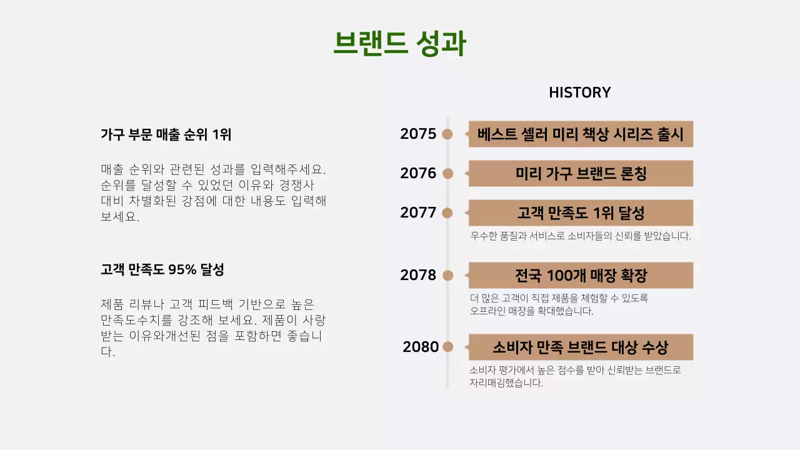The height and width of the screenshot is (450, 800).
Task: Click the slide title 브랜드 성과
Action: pyautogui.click(x=399, y=44)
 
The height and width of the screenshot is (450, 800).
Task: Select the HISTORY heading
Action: pyautogui.click(x=579, y=92)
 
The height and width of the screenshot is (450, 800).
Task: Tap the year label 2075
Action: pyautogui.click(x=418, y=134)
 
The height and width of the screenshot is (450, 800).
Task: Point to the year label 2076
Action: pyautogui.click(x=418, y=173)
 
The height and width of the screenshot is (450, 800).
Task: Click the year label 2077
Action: pyautogui.click(x=418, y=212)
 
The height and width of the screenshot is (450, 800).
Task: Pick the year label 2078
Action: pyautogui.click(x=418, y=275)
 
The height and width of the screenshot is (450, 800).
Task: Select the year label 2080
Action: pyautogui.click(x=421, y=347)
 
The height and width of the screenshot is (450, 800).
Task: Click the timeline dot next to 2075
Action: pyautogui.click(x=447, y=134)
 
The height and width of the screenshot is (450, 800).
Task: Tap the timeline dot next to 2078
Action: pyautogui.click(x=447, y=275)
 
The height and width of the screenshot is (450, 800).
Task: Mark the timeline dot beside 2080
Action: pyautogui.click(x=447, y=347)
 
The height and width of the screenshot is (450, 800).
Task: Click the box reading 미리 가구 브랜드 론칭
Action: pyautogui.click(x=581, y=173)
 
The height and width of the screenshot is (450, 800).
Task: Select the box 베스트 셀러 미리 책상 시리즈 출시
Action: pyautogui.click(x=581, y=134)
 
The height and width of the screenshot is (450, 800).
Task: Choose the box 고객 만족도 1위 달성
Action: pyautogui.click(x=581, y=212)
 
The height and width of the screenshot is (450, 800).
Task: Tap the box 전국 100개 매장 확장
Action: pyautogui.click(x=581, y=275)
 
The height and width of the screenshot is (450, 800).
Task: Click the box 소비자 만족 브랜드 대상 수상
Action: pyautogui.click(x=581, y=347)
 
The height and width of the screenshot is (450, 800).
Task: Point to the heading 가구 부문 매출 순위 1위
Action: pyautogui.click(x=166, y=134)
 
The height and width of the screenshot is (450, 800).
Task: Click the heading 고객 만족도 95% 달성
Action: pyautogui.click(x=162, y=270)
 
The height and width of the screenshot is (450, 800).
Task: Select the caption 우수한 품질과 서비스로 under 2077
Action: pyautogui.click(x=580, y=236)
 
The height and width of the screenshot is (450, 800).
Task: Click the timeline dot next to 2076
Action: pyautogui.click(x=447, y=173)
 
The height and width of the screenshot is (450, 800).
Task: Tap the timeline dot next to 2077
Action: pyautogui.click(x=447, y=212)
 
